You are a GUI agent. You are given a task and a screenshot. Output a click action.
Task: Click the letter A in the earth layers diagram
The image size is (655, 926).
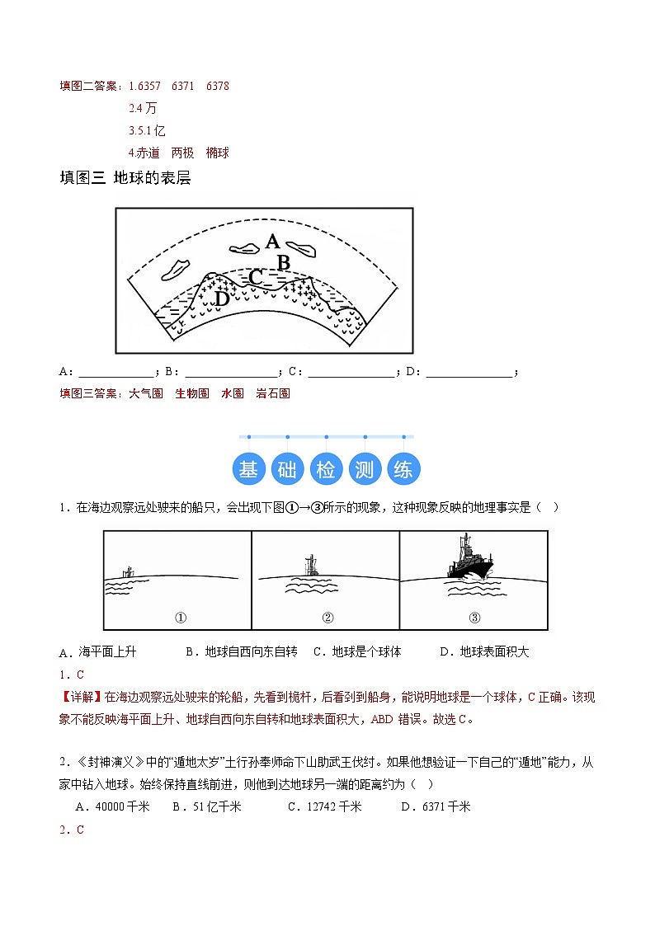click(x=273, y=241)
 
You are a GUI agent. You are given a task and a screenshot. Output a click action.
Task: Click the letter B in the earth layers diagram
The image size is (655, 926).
click(x=283, y=262)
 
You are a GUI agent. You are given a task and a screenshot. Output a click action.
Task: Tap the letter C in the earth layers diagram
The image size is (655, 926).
click(x=256, y=277)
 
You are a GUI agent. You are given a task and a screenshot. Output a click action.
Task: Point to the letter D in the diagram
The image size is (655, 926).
click(x=221, y=298)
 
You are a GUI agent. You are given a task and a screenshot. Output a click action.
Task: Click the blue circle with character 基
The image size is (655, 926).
click(x=248, y=469)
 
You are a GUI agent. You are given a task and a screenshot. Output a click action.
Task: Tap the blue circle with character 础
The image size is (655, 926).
click(x=287, y=469)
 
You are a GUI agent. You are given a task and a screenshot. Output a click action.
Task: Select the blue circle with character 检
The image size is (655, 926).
click(x=326, y=469)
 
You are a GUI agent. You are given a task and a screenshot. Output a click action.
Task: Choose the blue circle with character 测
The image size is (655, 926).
click(x=365, y=469)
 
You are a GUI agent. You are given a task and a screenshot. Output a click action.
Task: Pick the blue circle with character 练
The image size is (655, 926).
click(x=403, y=469)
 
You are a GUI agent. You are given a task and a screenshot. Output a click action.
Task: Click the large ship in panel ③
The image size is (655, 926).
click(x=469, y=559)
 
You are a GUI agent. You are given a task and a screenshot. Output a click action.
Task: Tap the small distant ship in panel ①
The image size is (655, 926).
click(x=127, y=571)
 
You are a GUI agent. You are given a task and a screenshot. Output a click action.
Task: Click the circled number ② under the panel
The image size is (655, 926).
click(x=327, y=618)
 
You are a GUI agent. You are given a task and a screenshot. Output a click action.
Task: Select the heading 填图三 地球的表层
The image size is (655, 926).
click(x=125, y=177)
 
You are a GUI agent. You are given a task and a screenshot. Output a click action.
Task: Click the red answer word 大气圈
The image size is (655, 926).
click(x=146, y=393)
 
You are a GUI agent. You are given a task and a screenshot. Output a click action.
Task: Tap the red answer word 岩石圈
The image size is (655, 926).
click(x=273, y=393)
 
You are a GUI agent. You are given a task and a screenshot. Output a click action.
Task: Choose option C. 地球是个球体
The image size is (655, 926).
click(x=357, y=651)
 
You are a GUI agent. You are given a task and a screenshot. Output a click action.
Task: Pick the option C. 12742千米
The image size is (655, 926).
click(x=324, y=806)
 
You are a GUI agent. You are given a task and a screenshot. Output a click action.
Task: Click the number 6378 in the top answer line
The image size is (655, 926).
click(x=218, y=86)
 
